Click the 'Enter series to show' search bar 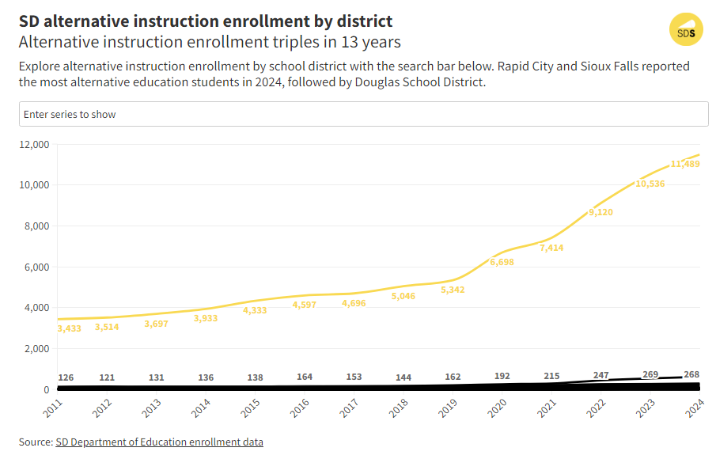(363, 114)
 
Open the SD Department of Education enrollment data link (159, 442)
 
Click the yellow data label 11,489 (686, 164)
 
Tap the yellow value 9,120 (600, 212)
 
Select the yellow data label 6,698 (502, 262)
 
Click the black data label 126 (66, 377)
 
